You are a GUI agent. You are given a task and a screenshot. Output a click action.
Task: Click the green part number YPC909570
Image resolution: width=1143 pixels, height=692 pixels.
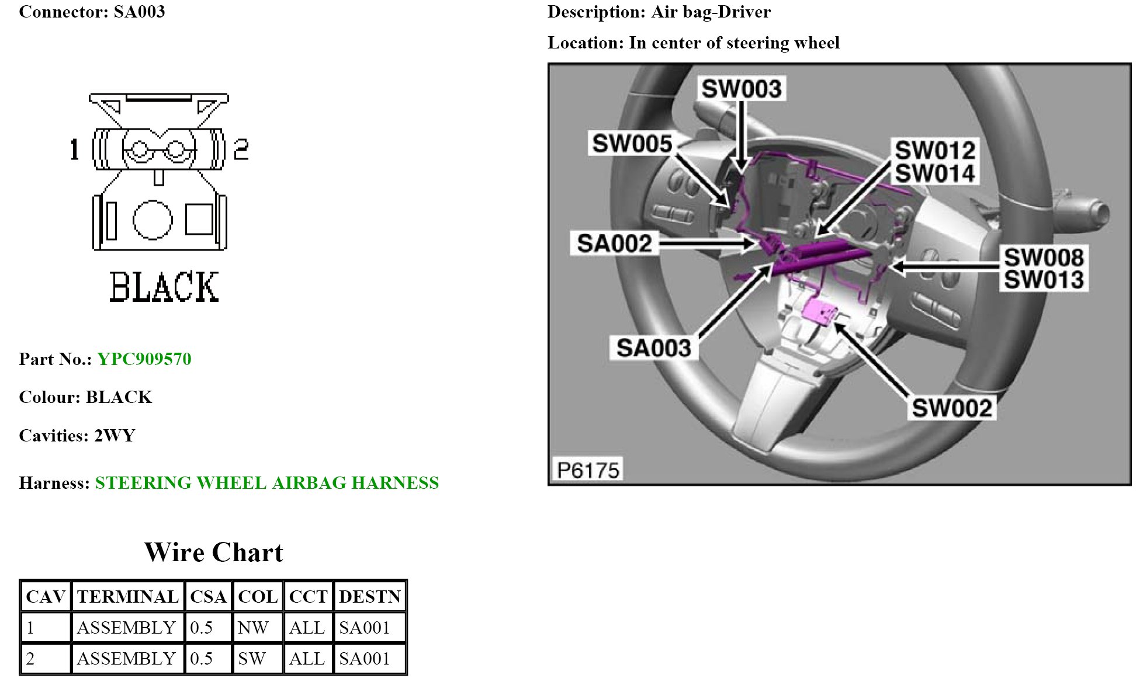144,359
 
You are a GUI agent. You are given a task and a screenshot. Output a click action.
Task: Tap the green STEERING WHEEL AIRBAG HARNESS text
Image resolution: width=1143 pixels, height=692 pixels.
266,483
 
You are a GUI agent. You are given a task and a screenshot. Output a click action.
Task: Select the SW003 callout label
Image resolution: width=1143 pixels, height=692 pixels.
741,89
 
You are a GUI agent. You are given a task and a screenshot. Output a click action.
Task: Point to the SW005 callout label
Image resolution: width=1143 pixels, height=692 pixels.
632,144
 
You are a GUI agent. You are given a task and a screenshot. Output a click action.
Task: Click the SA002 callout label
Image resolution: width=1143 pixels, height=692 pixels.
614,244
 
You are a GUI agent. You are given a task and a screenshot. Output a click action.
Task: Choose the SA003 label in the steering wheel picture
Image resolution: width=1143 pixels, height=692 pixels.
654,348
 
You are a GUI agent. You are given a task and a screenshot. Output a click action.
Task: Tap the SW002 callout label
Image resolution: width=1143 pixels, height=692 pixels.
951,408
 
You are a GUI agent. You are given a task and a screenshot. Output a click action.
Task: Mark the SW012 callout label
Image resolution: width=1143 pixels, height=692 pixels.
935,151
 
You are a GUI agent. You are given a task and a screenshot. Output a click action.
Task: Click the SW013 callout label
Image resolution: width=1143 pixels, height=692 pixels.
1044,280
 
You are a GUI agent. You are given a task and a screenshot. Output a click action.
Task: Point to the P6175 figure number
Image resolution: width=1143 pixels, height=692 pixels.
588,470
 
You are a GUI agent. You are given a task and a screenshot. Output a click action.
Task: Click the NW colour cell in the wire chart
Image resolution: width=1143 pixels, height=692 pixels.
253,628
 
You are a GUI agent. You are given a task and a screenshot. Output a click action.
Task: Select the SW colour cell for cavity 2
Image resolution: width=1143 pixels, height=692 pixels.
252,659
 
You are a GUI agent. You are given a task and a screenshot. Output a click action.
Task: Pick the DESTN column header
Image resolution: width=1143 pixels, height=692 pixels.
370,597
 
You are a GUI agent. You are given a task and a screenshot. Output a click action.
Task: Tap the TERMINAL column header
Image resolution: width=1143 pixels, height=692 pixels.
127,597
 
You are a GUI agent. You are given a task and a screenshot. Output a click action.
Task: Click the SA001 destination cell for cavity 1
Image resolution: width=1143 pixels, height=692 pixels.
364,628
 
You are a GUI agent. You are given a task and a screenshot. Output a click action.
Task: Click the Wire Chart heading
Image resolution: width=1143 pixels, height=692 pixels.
214,552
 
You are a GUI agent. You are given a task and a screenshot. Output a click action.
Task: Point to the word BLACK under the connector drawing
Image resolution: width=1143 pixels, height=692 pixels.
164,287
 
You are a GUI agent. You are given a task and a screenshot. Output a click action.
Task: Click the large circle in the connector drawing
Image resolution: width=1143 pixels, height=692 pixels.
153,220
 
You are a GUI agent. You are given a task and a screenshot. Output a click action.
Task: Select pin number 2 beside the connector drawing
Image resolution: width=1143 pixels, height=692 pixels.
241,149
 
